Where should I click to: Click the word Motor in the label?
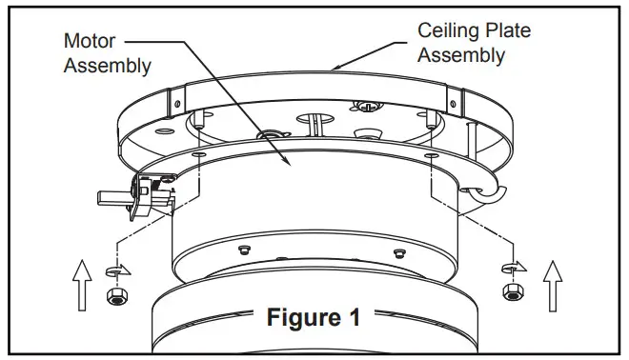coord(89,42)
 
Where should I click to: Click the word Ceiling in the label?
coord(449,30)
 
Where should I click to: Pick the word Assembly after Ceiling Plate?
coord(462,54)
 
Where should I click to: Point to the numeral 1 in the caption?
coord(354,317)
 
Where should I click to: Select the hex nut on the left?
coord(113,297)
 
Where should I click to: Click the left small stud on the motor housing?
coord(244,249)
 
